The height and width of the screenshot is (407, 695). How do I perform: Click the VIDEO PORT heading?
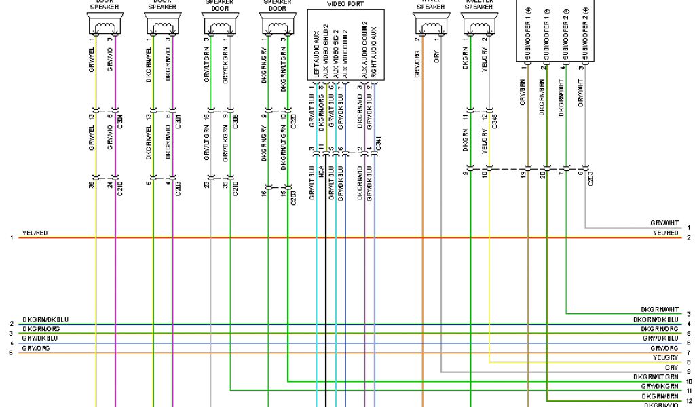345,3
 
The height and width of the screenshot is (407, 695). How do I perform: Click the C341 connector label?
378,143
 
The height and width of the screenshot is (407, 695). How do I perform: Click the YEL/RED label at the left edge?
34,233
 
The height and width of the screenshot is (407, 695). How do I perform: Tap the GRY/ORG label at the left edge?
35,347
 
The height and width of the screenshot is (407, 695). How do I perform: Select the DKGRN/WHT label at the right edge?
664,309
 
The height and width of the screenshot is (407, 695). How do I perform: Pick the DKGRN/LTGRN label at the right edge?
656,376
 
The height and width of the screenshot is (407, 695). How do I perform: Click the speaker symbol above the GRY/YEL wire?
105,26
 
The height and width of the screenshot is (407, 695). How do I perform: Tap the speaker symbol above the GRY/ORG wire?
429,26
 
